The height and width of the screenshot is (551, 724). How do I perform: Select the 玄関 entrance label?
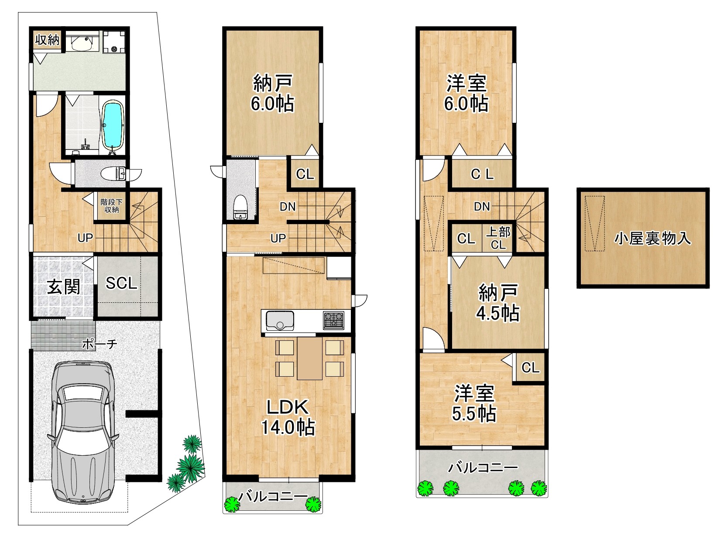[x=64, y=287]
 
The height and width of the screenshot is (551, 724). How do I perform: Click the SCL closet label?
[x=121, y=283]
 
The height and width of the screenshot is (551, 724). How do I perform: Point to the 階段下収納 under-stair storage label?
[x=111, y=205]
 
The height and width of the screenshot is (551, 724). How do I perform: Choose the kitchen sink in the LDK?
[x=280, y=320]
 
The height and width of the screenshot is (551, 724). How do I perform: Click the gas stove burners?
[x=333, y=320]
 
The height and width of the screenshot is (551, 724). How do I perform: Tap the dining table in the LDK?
[x=309, y=358]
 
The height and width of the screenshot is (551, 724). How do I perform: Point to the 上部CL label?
[x=498, y=238]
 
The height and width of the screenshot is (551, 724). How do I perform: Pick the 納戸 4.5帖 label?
[x=498, y=302]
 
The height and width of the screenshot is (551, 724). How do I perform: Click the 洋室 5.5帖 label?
[x=474, y=403]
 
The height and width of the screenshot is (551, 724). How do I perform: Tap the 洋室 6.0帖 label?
[x=466, y=93]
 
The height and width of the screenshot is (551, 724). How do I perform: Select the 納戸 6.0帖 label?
[x=272, y=93]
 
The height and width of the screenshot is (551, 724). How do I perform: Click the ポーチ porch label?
[x=99, y=344]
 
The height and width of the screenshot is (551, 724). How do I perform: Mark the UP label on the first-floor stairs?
[x=85, y=238]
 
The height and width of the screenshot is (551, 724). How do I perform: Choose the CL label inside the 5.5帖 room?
[x=530, y=367]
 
